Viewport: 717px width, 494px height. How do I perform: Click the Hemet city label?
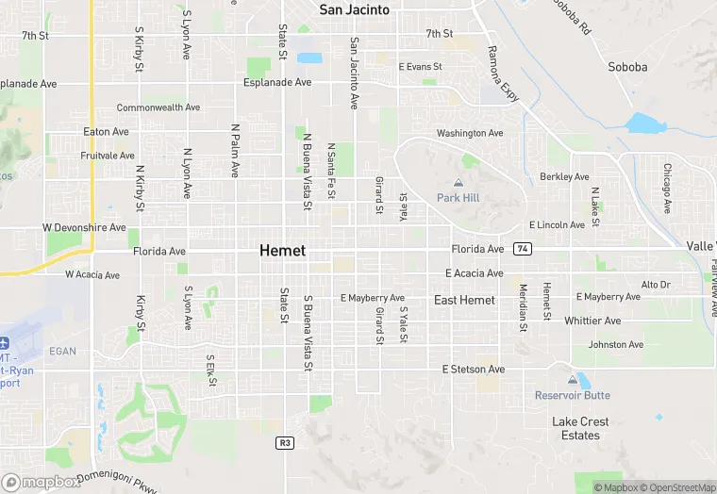pos(283,251)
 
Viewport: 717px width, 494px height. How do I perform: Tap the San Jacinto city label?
pos(354,9)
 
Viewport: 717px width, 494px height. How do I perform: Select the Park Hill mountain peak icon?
pos(459,183)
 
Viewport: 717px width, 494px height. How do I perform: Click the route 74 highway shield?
pos(521,250)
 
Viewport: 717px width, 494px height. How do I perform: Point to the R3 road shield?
pos(284,442)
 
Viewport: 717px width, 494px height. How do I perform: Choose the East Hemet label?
pos(464,300)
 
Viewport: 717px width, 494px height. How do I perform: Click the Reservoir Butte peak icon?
pos(572,379)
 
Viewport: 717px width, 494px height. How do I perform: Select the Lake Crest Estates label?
pos(580,428)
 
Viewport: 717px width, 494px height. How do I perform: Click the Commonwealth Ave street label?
pos(158,107)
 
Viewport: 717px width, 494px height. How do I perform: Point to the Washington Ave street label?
pos(470,133)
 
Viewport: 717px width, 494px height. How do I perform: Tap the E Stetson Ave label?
pos(474,369)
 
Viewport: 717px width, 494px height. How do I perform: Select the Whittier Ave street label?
pos(592,321)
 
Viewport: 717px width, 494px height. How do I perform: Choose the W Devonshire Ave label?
pos(84,228)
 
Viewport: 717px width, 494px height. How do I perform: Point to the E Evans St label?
pos(420,67)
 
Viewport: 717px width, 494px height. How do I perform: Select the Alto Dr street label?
pos(656,285)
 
